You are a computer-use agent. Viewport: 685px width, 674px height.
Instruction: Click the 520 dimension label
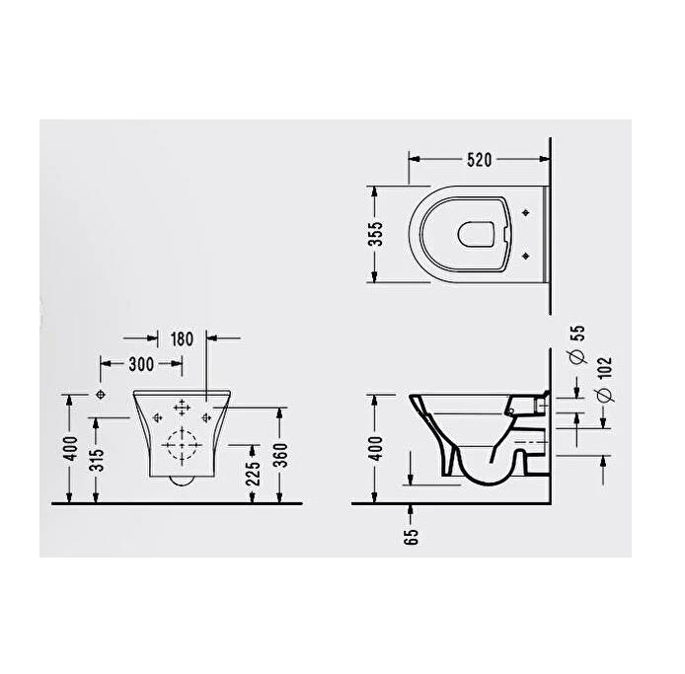point(480,160)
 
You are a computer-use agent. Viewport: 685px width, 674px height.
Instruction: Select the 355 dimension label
point(375,234)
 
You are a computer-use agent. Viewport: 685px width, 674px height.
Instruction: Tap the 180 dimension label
point(182,338)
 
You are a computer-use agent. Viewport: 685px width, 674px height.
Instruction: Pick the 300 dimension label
point(141,364)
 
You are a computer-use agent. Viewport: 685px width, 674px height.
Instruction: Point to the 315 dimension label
point(97,459)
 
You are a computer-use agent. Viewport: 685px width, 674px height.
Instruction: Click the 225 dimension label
point(253,473)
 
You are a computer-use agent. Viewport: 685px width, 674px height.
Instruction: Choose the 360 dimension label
point(280,455)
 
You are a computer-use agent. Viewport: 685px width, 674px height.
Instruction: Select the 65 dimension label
point(411,537)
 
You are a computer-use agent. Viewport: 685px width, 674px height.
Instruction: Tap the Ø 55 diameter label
point(577,344)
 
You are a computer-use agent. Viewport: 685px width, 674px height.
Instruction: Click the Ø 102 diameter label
point(605,379)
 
